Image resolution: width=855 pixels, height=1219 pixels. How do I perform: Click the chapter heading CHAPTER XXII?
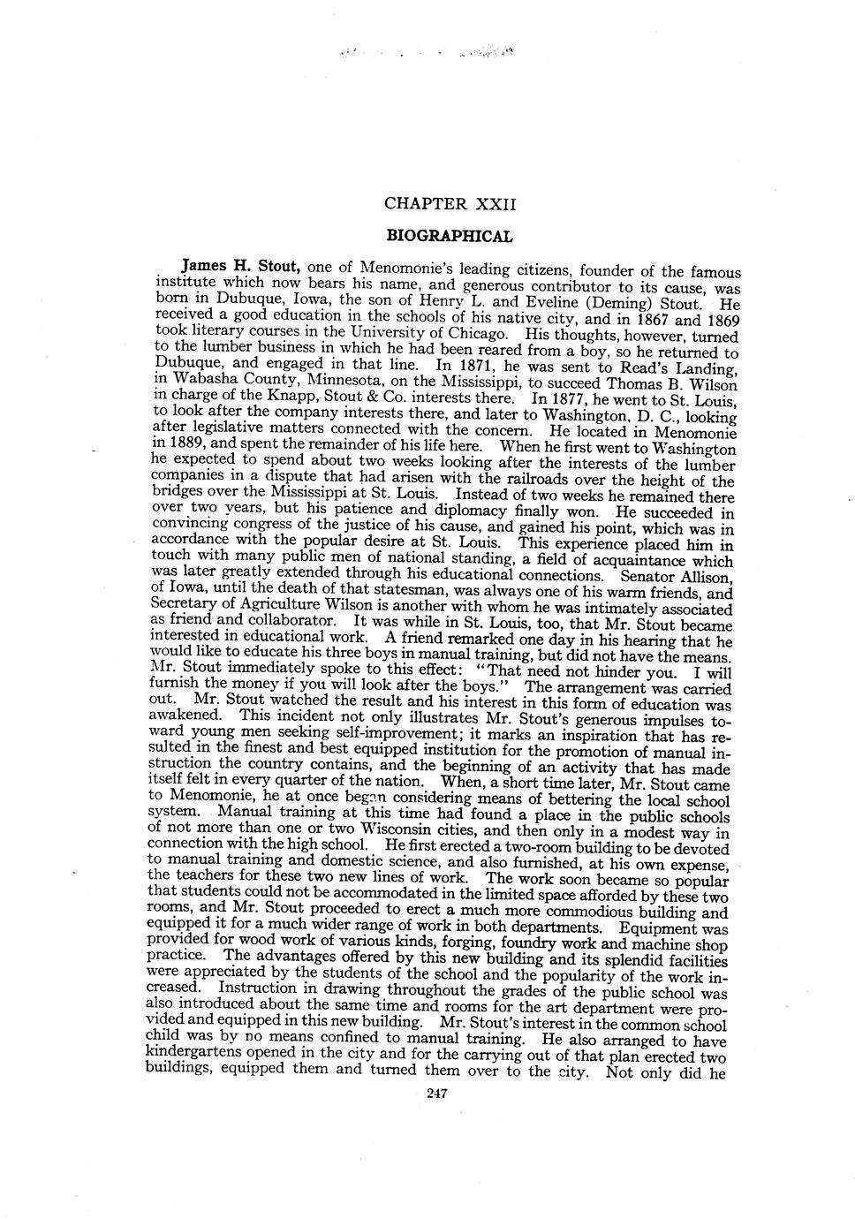pyautogui.click(x=449, y=204)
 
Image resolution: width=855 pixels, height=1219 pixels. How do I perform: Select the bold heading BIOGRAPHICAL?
pyautogui.click(x=450, y=237)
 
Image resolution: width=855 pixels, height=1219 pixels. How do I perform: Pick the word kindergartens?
pyautogui.click(x=193, y=1059)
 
